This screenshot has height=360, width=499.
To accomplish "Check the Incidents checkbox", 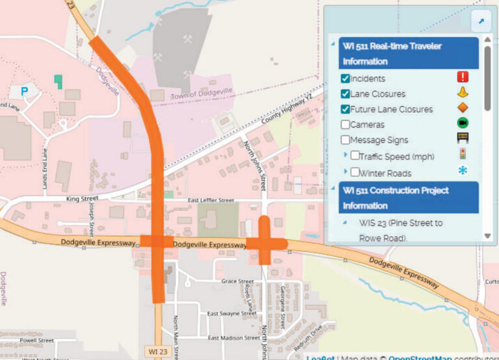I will coord(346,79).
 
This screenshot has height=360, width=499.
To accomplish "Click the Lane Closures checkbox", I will coord(346,94).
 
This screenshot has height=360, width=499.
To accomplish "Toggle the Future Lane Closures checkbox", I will coord(346,109).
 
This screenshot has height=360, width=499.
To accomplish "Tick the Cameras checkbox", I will coord(346,124).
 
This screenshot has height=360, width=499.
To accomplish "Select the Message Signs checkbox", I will coord(346,140).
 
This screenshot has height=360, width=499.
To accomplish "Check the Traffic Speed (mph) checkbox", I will coord(355,156).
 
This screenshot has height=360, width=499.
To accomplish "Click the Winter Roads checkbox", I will coord(355,173).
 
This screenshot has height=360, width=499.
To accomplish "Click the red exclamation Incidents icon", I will coord(463,77).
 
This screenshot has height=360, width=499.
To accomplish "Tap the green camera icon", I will coord(463,123).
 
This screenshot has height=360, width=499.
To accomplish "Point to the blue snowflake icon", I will coord(463,172).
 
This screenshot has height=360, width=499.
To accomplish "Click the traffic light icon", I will coord(463,155).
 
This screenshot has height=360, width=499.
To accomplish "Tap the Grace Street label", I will coord(237,281).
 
